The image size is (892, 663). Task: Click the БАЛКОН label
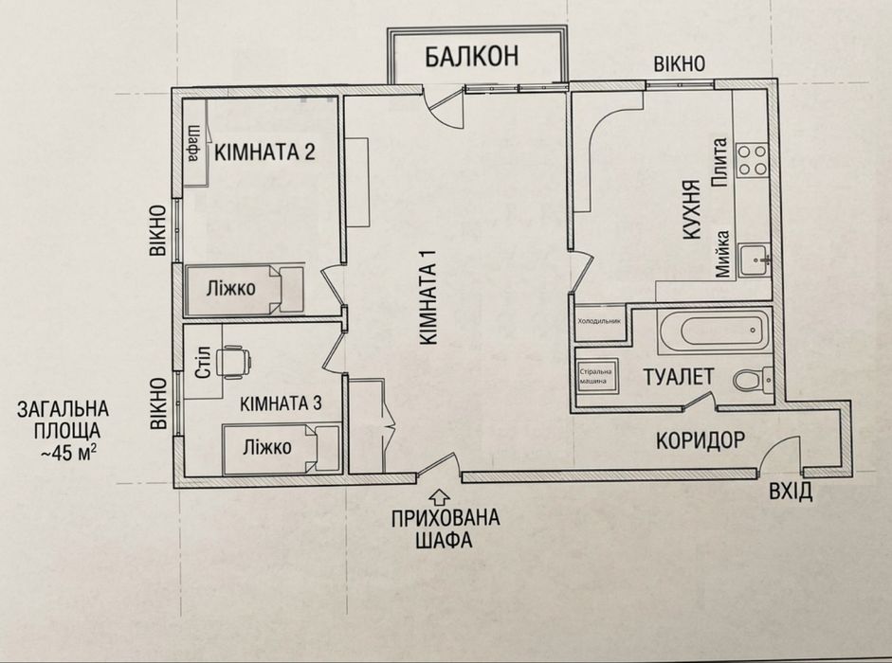[472, 56]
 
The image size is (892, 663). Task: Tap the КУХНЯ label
[690, 211]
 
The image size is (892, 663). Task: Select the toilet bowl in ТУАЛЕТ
[752, 379]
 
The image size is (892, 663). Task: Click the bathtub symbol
[714, 331]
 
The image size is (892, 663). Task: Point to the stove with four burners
[752, 160]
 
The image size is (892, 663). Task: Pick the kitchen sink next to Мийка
[755, 260]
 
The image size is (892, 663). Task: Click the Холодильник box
[600, 322]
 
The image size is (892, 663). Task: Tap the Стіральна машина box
[597, 375]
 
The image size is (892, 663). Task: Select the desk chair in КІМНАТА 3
[235, 362]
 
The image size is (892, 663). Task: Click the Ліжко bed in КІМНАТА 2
[244, 289]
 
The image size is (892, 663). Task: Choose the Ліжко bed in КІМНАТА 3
[281, 448]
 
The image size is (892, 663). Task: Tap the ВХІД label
[791, 491]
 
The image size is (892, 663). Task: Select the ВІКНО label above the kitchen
[680, 63]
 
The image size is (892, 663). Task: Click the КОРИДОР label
[701, 440]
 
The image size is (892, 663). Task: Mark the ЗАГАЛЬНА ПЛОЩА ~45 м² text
[64, 430]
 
